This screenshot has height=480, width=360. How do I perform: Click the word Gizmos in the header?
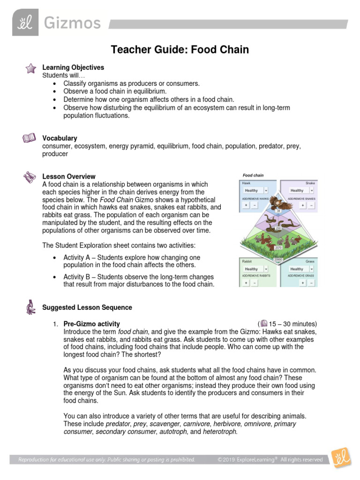(72, 23)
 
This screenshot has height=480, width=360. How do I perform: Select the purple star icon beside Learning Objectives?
(30, 68)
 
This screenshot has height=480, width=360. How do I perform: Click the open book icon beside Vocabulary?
(29, 138)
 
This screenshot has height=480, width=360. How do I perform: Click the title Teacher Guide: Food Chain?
(180, 50)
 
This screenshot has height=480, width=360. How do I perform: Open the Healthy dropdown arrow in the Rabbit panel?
(266, 269)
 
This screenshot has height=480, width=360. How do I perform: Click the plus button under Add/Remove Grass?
(303, 283)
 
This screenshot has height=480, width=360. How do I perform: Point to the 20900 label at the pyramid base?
(278, 259)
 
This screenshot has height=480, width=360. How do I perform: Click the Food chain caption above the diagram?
(253, 175)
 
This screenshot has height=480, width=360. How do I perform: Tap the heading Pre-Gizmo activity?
(91, 324)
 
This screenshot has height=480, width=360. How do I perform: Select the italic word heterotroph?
(220, 432)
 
